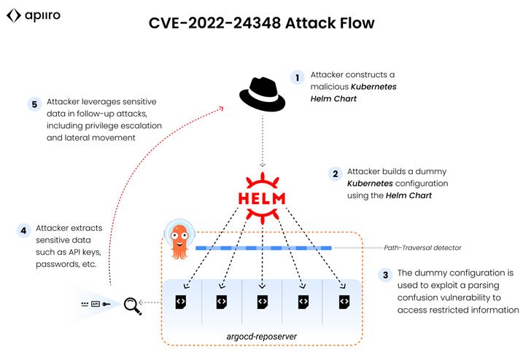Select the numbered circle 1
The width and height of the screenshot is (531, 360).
click(297, 77)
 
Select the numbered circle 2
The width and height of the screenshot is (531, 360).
click(335, 173)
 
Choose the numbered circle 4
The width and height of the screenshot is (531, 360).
click(24, 231)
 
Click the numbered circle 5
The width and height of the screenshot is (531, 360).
click(34, 104)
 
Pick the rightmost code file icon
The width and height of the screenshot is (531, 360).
click(344, 302)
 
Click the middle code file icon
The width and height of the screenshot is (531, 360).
click(261, 302)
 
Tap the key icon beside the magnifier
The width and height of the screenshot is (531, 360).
click(106, 303)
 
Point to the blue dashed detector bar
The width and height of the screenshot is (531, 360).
click(263, 248)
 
